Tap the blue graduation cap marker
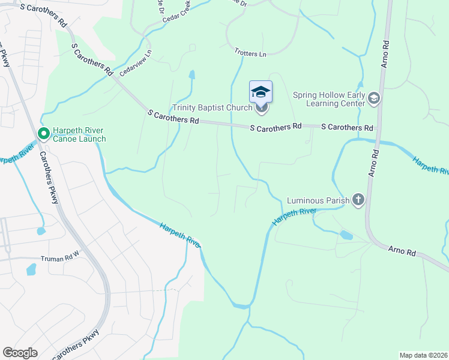[x=261, y=92]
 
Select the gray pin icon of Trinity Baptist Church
[x=261, y=109]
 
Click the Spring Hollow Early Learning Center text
[x=329, y=99]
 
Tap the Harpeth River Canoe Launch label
[x=79, y=134]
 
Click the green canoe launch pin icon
[x=43, y=134]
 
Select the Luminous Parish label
[x=318, y=200]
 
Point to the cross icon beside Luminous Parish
[x=358, y=200]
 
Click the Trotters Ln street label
[x=250, y=54]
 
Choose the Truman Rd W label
[x=60, y=259]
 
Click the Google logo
[x=20, y=353]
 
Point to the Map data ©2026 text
[x=423, y=355]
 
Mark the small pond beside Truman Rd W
[x=31, y=269]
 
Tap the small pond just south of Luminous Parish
[x=346, y=235]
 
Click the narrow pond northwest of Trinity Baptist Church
[x=192, y=75]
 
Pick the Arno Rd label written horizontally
[x=402, y=251]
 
